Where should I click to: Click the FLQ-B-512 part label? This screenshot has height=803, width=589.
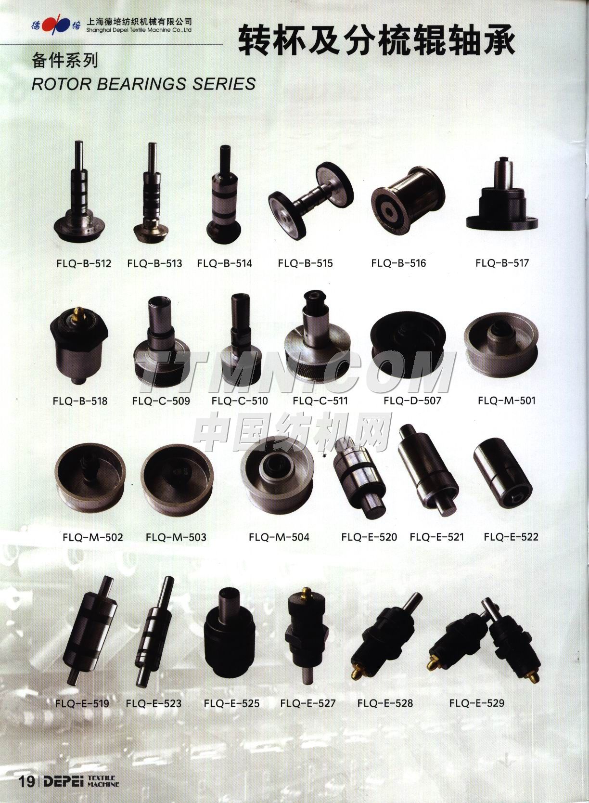84,263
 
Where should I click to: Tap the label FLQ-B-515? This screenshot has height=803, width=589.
305,263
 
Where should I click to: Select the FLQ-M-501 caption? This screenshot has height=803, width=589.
506,401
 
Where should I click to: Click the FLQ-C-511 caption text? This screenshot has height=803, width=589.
320,401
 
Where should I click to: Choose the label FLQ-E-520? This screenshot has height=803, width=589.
369,537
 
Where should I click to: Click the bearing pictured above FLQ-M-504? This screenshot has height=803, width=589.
278,474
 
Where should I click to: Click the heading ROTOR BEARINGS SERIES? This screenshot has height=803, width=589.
144,84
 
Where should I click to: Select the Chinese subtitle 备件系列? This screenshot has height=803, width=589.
65,61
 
